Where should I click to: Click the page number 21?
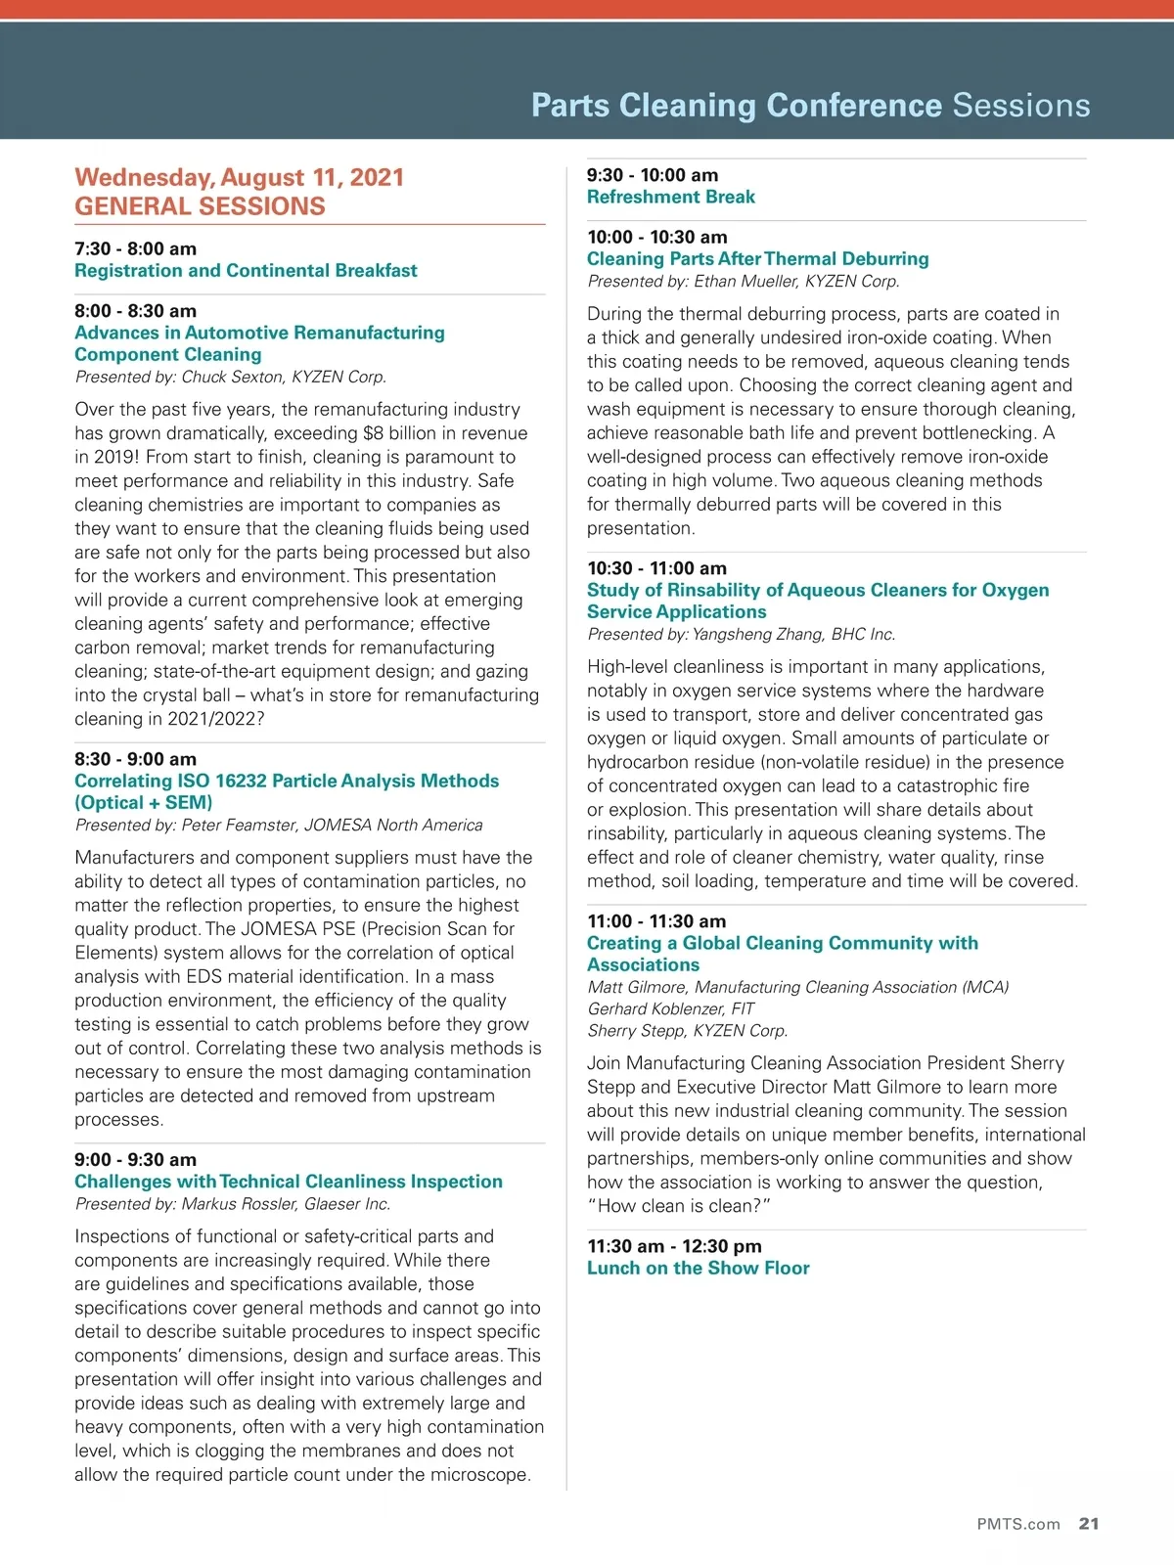click(x=1089, y=1524)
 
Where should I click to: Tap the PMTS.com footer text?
click(x=1017, y=1524)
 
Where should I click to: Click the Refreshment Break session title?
click(x=670, y=197)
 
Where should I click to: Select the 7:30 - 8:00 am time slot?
click(x=135, y=248)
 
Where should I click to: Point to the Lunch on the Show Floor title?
click(x=698, y=1268)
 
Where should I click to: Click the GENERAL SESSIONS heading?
click(x=200, y=206)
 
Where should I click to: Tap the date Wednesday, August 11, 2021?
click(x=239, y=177)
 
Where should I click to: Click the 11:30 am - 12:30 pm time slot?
click(x=674, y=1246)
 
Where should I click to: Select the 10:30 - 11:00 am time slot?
click(x=656, y=568)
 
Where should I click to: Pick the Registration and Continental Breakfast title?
click(x=246, y=270)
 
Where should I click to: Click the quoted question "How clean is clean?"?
click(x=679, y=1206)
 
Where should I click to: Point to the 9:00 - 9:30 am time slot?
click(x=135, y=1160)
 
